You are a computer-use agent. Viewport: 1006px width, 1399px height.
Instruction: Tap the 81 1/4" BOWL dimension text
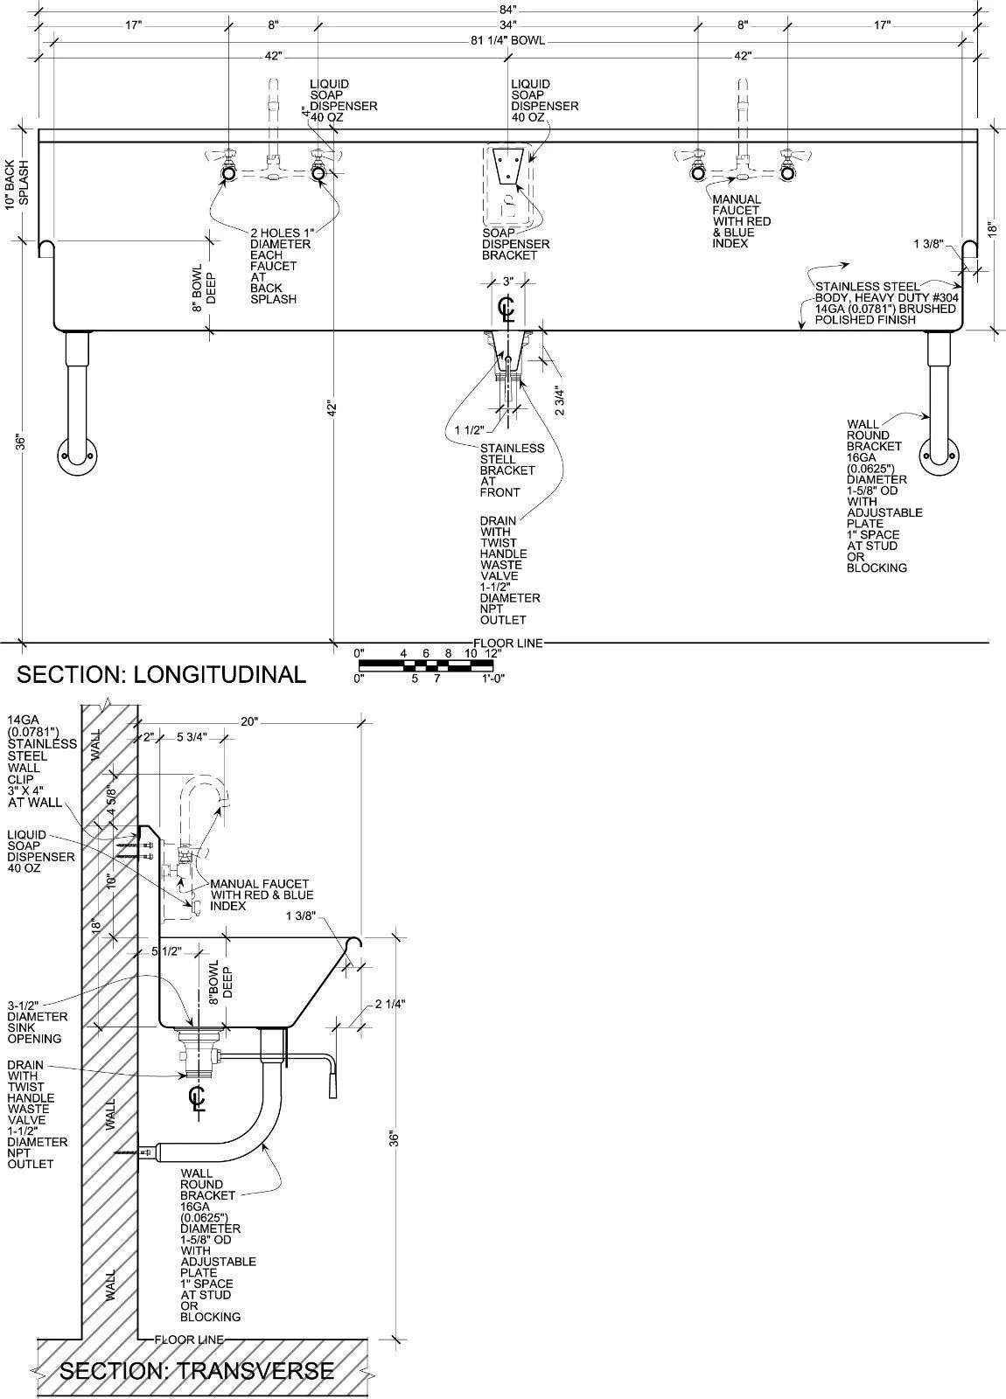[508, 40]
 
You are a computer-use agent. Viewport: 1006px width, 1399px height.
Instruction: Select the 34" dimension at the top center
[508, 25]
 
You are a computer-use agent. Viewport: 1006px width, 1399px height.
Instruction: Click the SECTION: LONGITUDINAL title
[162, 674]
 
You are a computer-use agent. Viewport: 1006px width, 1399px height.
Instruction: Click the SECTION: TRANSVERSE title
[197, 1370]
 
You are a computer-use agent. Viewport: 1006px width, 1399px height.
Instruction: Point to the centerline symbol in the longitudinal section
[506, 309]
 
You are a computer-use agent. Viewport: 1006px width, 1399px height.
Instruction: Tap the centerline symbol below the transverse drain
[198, 1097]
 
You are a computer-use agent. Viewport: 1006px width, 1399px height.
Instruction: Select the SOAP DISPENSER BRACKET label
[515, 244]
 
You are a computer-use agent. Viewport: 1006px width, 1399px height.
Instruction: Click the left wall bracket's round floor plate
[77, 456]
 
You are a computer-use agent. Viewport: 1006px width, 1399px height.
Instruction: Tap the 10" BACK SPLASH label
[17, 184]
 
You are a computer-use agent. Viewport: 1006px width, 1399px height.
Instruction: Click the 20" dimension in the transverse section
[250, 721]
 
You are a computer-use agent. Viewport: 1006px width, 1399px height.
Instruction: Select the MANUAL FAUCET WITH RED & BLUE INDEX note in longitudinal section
[741, 221]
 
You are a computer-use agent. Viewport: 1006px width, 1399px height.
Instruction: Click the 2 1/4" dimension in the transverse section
[389, 1005]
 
